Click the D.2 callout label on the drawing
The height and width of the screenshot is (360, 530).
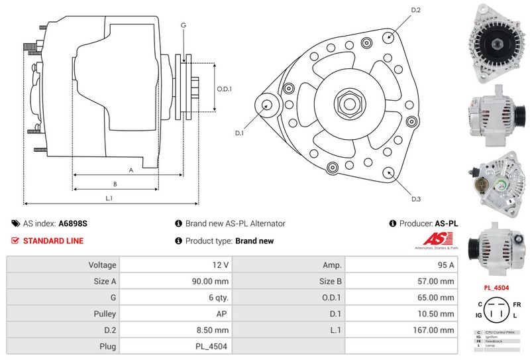[416, 10]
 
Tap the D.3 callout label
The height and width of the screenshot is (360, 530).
[416, 199]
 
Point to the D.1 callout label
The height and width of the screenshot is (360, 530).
[240, 133]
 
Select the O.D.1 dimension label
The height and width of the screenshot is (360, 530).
[224, 90]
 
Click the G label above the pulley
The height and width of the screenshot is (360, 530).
[183, 25]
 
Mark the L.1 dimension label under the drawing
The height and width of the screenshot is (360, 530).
[109, 198]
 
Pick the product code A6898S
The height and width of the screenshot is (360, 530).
[73, 223]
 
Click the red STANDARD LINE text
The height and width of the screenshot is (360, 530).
[53, 241]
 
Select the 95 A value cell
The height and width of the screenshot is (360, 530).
[402, 265]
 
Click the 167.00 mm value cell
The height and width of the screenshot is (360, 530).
[402, 330]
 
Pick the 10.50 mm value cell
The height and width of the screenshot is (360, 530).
[402, 314]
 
